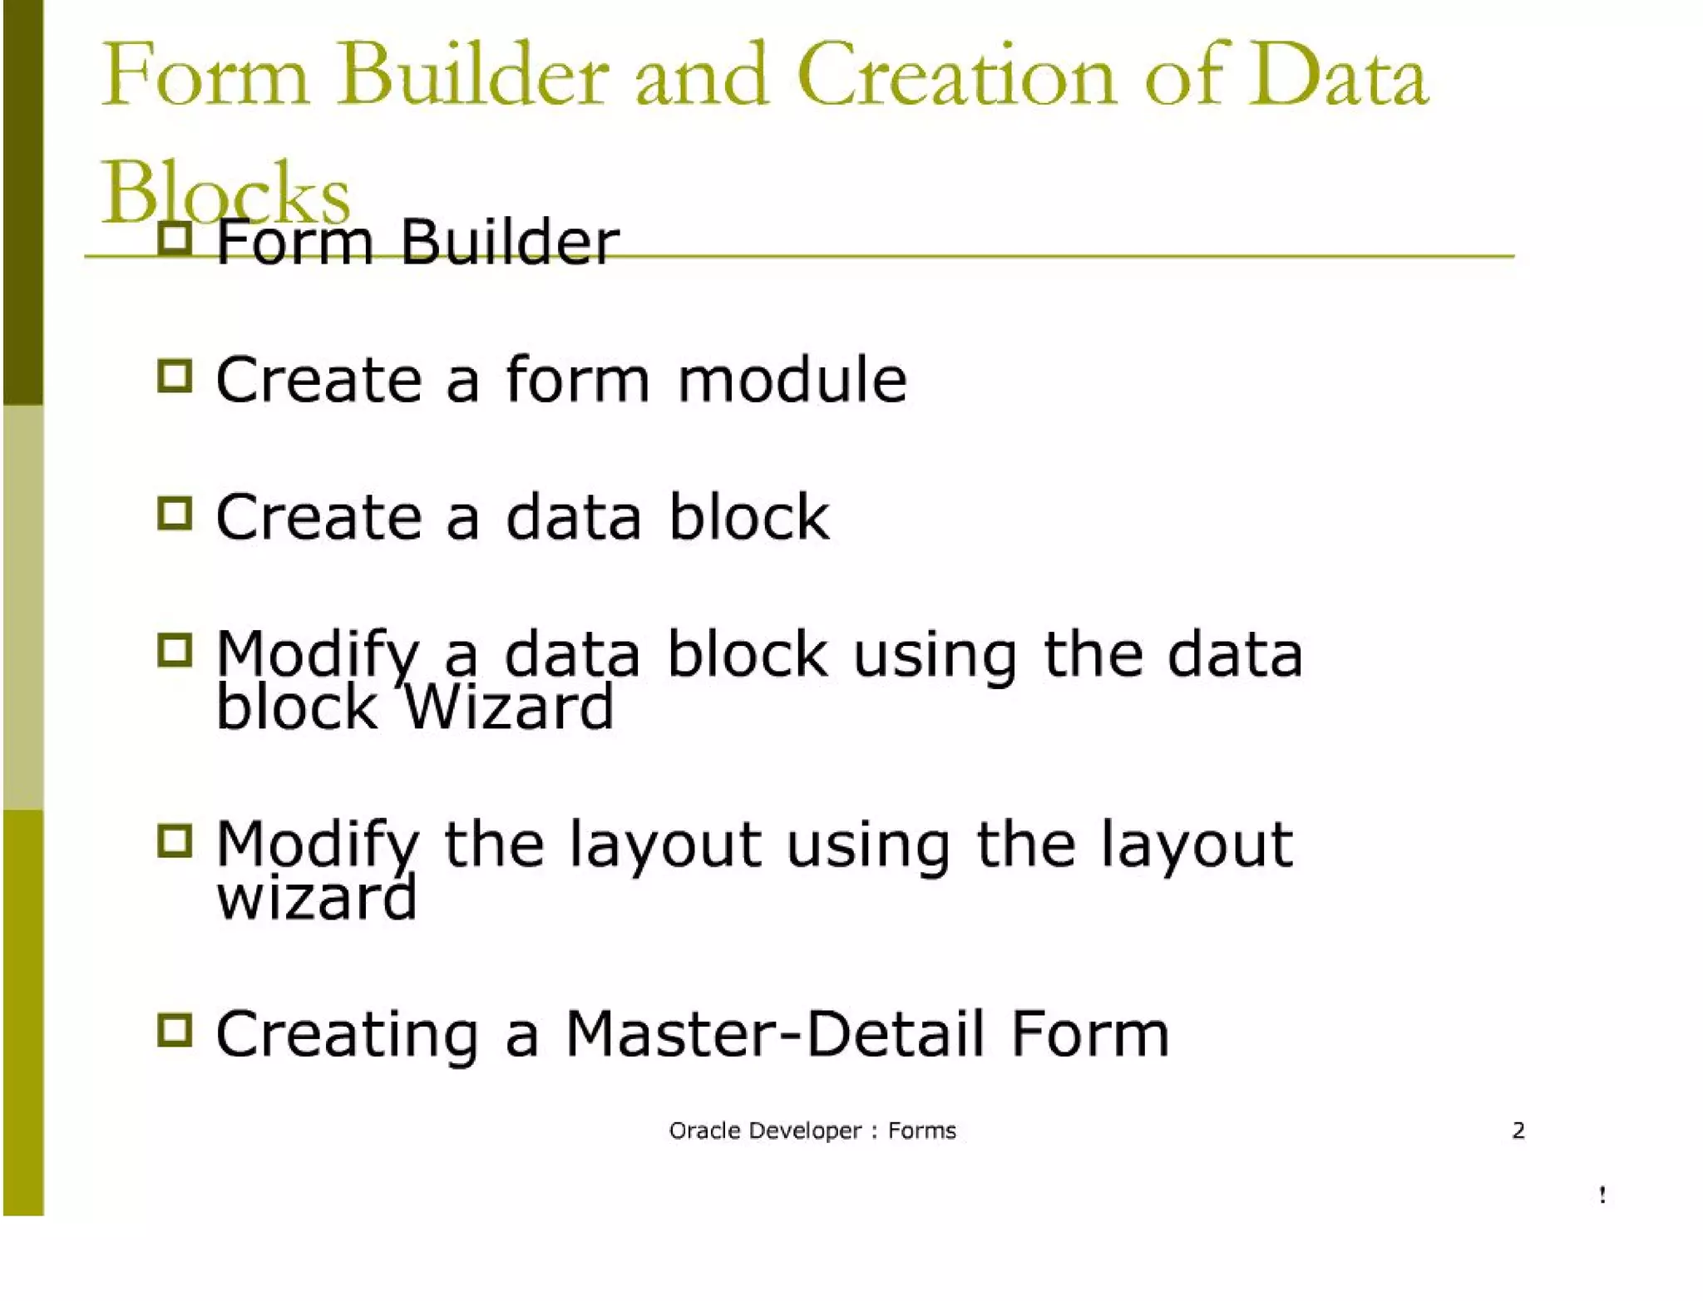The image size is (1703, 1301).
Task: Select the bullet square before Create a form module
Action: [175, 376]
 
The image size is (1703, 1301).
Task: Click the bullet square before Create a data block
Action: [175, 514]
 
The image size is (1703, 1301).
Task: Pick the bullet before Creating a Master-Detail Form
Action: [175, 1031]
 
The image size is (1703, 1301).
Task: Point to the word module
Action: [792, 380]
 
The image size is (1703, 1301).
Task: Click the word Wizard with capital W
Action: [509, 707]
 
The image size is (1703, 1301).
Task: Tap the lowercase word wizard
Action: [316, 898]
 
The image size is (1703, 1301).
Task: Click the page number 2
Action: [1518, 1131]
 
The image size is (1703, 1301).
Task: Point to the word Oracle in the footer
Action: [700, 1131]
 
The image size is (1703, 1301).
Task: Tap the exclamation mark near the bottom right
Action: [1602, 1195]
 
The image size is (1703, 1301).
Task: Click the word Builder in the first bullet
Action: [509, 243]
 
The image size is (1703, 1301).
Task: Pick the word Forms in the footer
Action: [922, 1131]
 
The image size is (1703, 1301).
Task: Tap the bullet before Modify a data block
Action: [175, 651]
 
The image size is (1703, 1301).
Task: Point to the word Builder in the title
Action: [472, 76]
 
